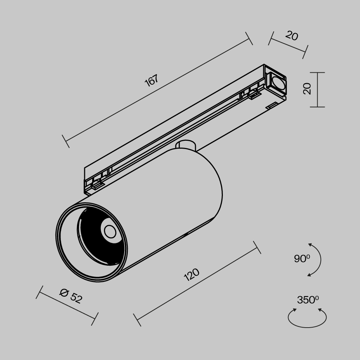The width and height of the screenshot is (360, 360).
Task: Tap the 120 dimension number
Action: click(192, 275)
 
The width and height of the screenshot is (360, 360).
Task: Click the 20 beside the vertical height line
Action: click(307, 89)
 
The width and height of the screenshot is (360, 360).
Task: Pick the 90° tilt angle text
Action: click(302, 258)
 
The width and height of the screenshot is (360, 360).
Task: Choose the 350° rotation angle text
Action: click(308, 300)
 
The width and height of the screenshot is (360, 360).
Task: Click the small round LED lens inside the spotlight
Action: click(110, 231)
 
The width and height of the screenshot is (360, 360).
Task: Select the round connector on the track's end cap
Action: click(278, 83)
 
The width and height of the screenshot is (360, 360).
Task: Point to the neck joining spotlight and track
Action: click(186, 145)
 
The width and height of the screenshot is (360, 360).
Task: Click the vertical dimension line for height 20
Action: click(317, 90)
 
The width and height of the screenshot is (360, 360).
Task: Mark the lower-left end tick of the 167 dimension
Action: click(66, 141)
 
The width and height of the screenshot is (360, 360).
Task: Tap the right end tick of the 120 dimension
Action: click(257, 247)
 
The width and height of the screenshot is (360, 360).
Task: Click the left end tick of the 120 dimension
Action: click(137, 320)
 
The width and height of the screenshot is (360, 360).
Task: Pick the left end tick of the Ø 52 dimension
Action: click(40, 292)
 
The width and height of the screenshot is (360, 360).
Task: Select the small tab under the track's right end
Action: click(272, 105)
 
